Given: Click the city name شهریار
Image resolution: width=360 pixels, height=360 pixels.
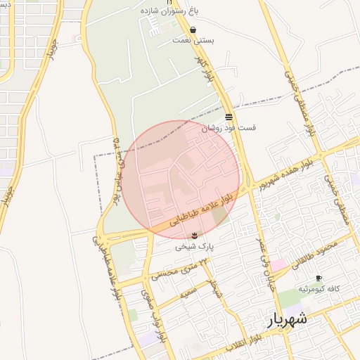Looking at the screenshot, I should [287, 320].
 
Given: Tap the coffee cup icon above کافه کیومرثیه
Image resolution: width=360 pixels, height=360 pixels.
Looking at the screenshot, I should [319, 279].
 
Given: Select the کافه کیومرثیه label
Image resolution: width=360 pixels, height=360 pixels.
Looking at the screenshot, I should [318, 290].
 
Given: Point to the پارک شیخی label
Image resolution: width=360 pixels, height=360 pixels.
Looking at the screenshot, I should [194, 247].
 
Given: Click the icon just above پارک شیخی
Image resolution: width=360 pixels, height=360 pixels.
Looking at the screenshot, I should [194, 236].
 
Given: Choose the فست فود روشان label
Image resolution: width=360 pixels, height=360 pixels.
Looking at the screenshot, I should [229, 128].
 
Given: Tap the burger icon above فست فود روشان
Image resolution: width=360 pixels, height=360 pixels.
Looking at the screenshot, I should [229, 117].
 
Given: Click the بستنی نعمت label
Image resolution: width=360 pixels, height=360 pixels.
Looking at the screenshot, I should [193, 41].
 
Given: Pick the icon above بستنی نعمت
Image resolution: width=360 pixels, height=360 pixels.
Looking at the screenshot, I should [193, 30].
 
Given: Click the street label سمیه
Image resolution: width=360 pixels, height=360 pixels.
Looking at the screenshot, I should [186, 295].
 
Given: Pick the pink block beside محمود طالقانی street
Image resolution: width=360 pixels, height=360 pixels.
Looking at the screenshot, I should [279, 264].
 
